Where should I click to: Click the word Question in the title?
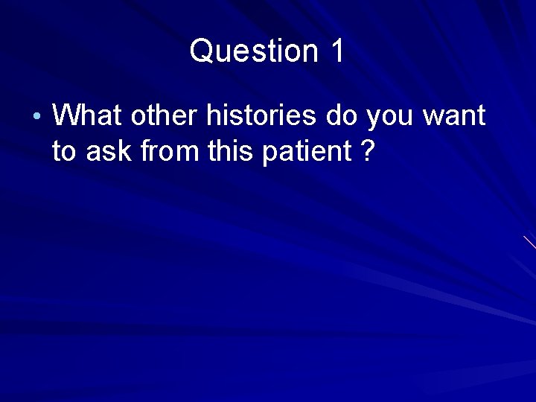point(253,51)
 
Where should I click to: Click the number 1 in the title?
point(336,51)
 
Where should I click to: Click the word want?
point(456,117)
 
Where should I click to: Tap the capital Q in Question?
point(201,51)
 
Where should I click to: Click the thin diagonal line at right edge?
point(529,241)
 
